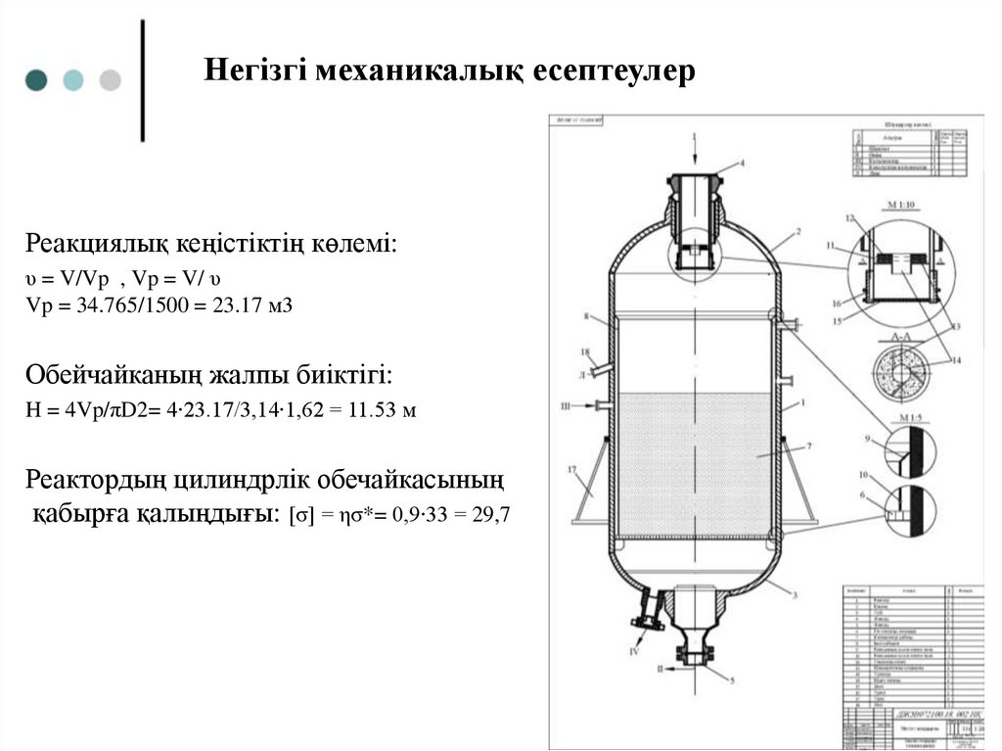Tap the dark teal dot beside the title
[36, 80]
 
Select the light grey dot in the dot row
[110, 80]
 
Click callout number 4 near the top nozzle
[742, 164]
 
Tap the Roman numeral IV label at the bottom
[633, 649]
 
